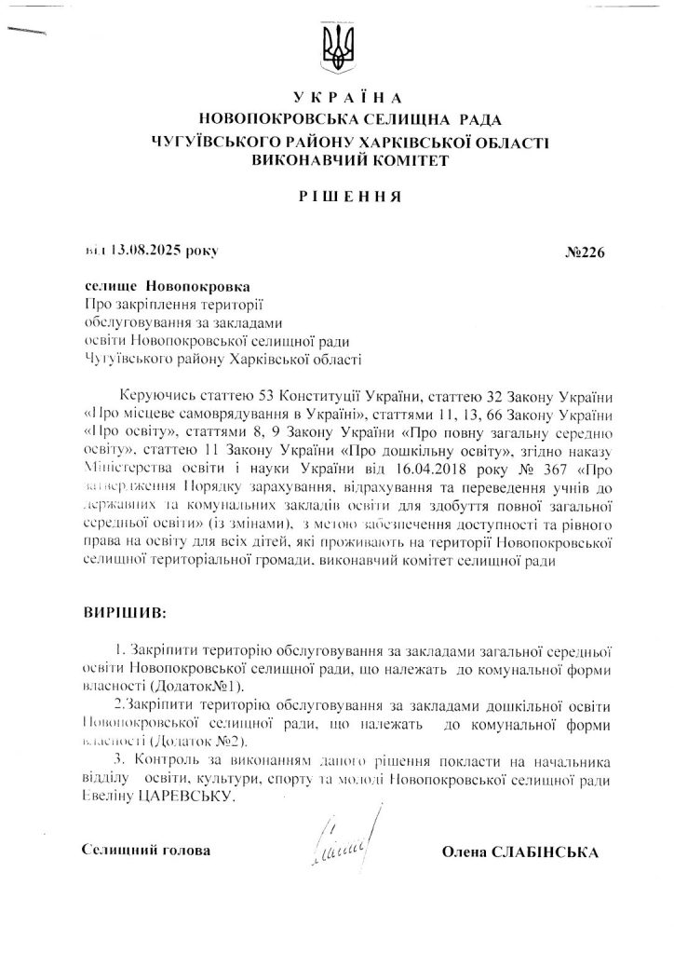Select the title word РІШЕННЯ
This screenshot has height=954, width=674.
coord(337,198)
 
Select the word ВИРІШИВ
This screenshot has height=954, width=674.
coord(121,614)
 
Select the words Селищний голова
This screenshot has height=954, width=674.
coord(145,852)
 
